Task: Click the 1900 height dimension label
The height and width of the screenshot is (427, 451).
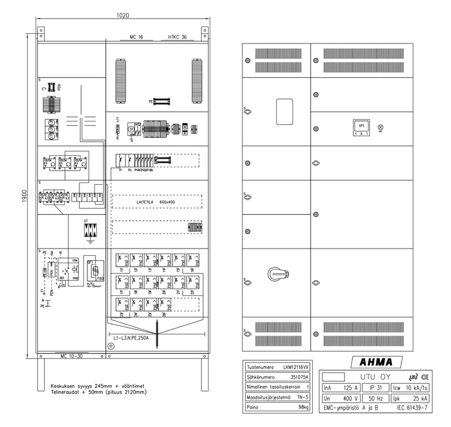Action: click(24, 196)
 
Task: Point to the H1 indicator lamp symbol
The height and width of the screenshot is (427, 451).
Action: click(381, 127)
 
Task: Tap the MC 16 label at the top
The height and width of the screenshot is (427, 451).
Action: click(136, 37)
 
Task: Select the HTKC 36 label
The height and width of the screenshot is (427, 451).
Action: click(177, 37)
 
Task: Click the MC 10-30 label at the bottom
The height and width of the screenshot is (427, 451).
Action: click(72, 356)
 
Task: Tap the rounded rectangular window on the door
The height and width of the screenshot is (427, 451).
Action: click(284, 112)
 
